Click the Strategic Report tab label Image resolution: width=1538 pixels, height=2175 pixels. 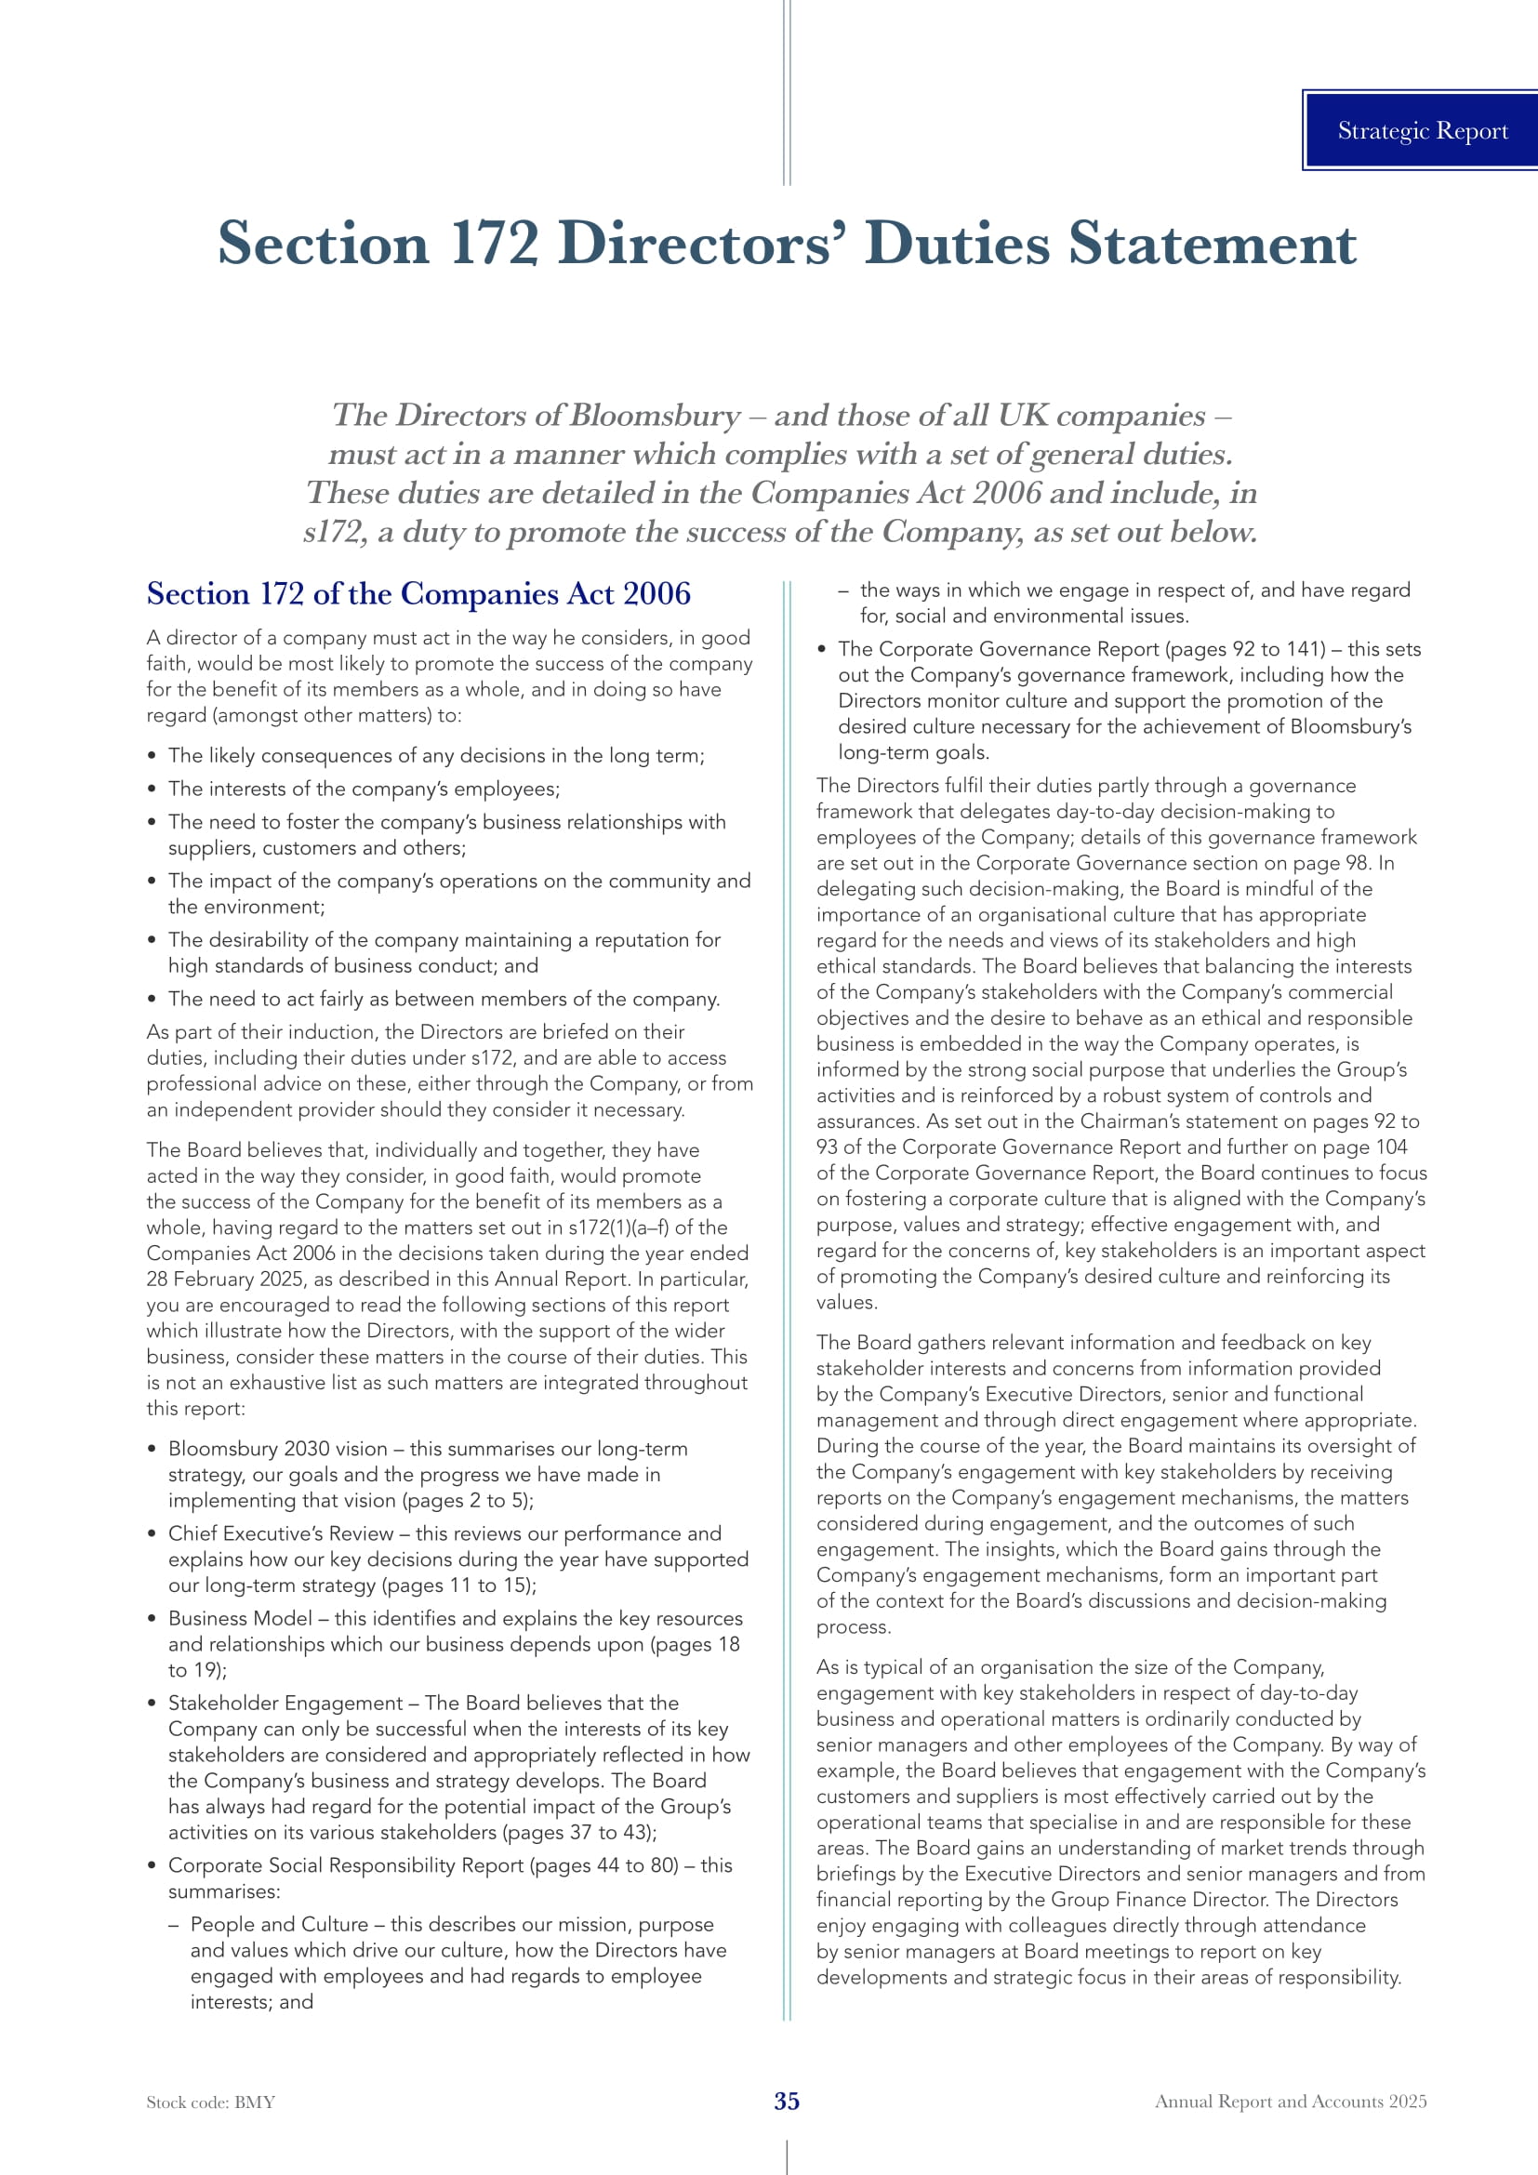[x=1422, y=131]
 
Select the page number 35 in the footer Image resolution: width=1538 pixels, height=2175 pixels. [x=786, y=2102]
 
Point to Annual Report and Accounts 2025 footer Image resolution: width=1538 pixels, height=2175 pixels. [x=1290, y=2102]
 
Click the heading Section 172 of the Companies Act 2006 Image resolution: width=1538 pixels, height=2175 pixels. [x=418, y=594]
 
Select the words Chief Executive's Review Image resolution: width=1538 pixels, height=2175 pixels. [x=280, y=1533]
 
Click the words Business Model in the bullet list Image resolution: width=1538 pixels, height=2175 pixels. [x=240, y=1618]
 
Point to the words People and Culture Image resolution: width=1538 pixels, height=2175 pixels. [x=278, y=1924]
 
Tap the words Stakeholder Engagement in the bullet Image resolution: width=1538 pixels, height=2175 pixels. [x=285, y=1703]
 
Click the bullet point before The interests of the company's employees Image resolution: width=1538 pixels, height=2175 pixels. [x=152, y=789]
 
